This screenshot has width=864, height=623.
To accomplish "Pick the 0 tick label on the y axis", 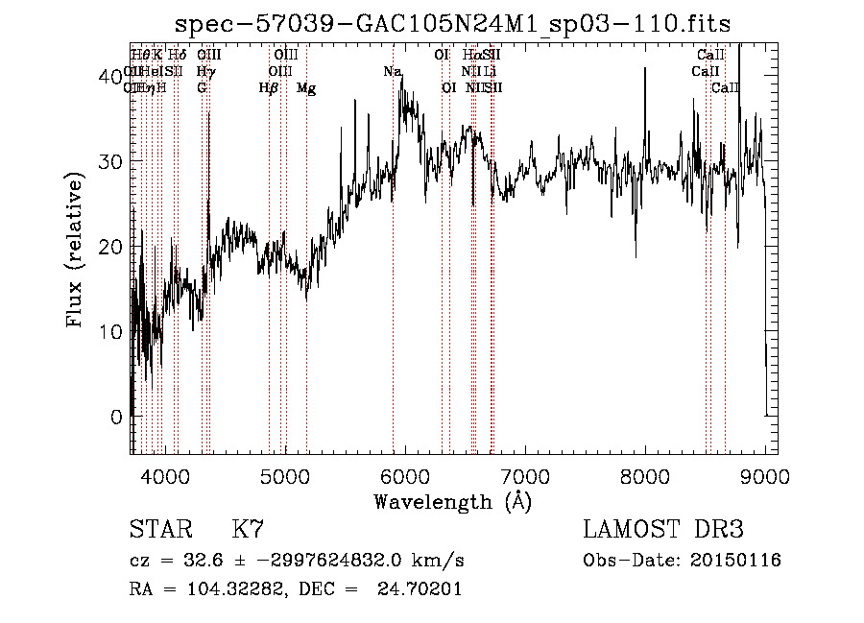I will pos(116,417).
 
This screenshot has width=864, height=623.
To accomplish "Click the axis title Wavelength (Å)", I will pos(452,501).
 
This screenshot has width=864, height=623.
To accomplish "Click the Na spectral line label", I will pos(392,72).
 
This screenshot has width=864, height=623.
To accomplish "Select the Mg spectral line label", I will pos(306,88).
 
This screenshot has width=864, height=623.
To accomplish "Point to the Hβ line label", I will pos(269,88).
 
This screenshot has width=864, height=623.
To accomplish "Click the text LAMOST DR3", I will pos(662,530).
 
